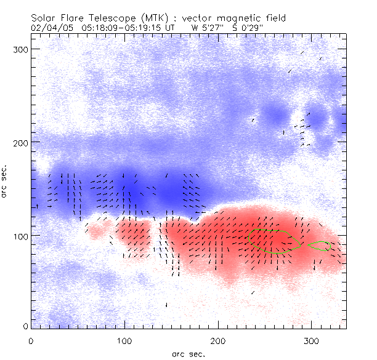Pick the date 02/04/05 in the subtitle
point(50,28)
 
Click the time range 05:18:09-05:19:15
point(121,28)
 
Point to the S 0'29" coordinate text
point(243,28)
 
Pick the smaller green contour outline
point(320,246)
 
